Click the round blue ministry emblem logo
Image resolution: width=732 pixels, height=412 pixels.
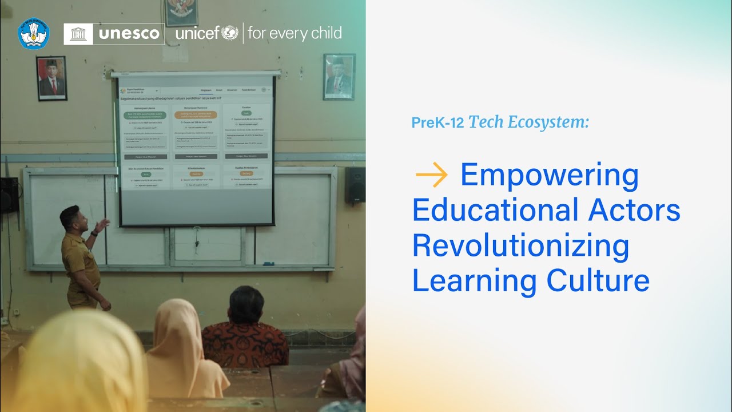click(34, 33)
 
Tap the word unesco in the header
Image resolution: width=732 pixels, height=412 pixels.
click(129, 34)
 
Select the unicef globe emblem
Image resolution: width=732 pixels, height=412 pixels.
click(229, 33)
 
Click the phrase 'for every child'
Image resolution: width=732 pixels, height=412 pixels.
click(295, 33)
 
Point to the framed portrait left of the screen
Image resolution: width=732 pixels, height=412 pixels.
click(52, 78)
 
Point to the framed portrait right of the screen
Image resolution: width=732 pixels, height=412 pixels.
click(339, 77)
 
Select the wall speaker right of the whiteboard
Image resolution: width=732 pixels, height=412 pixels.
click(355, 185)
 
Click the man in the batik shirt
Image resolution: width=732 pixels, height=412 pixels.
click(245, 332)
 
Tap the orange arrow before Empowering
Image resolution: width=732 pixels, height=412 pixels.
click(432, 175)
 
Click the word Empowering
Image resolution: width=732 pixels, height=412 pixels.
click(549, 176)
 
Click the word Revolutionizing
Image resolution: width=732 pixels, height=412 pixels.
click(520, 245)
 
